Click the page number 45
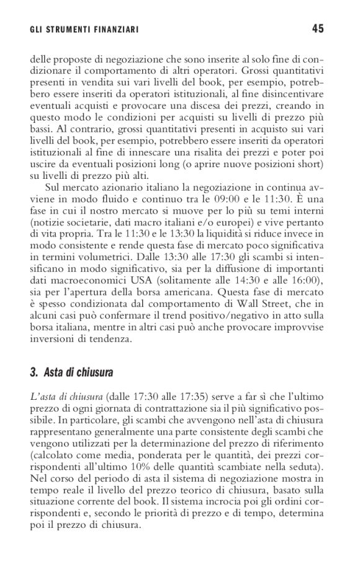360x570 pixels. pyautogui.click(x=318, y=28)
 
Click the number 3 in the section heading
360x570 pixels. pyautogui.click(x=33, y=373)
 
